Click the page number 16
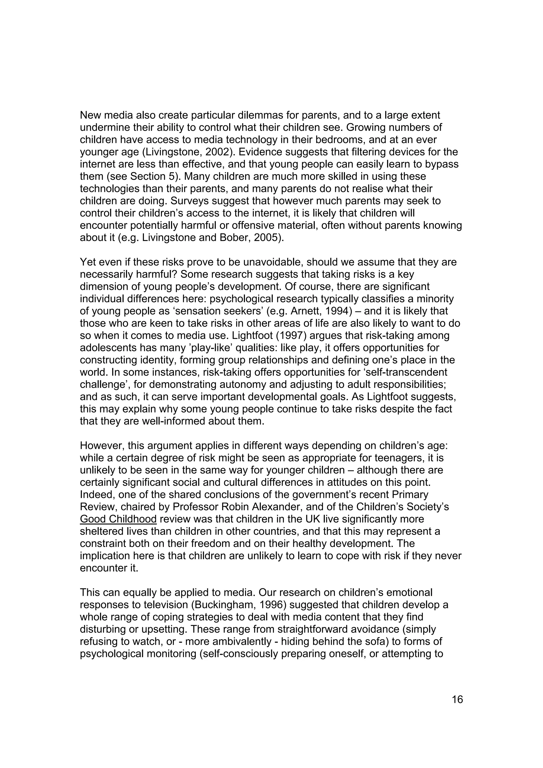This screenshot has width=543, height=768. click(457, 699)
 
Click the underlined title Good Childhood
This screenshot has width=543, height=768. click(118, 519)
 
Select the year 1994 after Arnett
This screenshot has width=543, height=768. click(338, 311)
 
